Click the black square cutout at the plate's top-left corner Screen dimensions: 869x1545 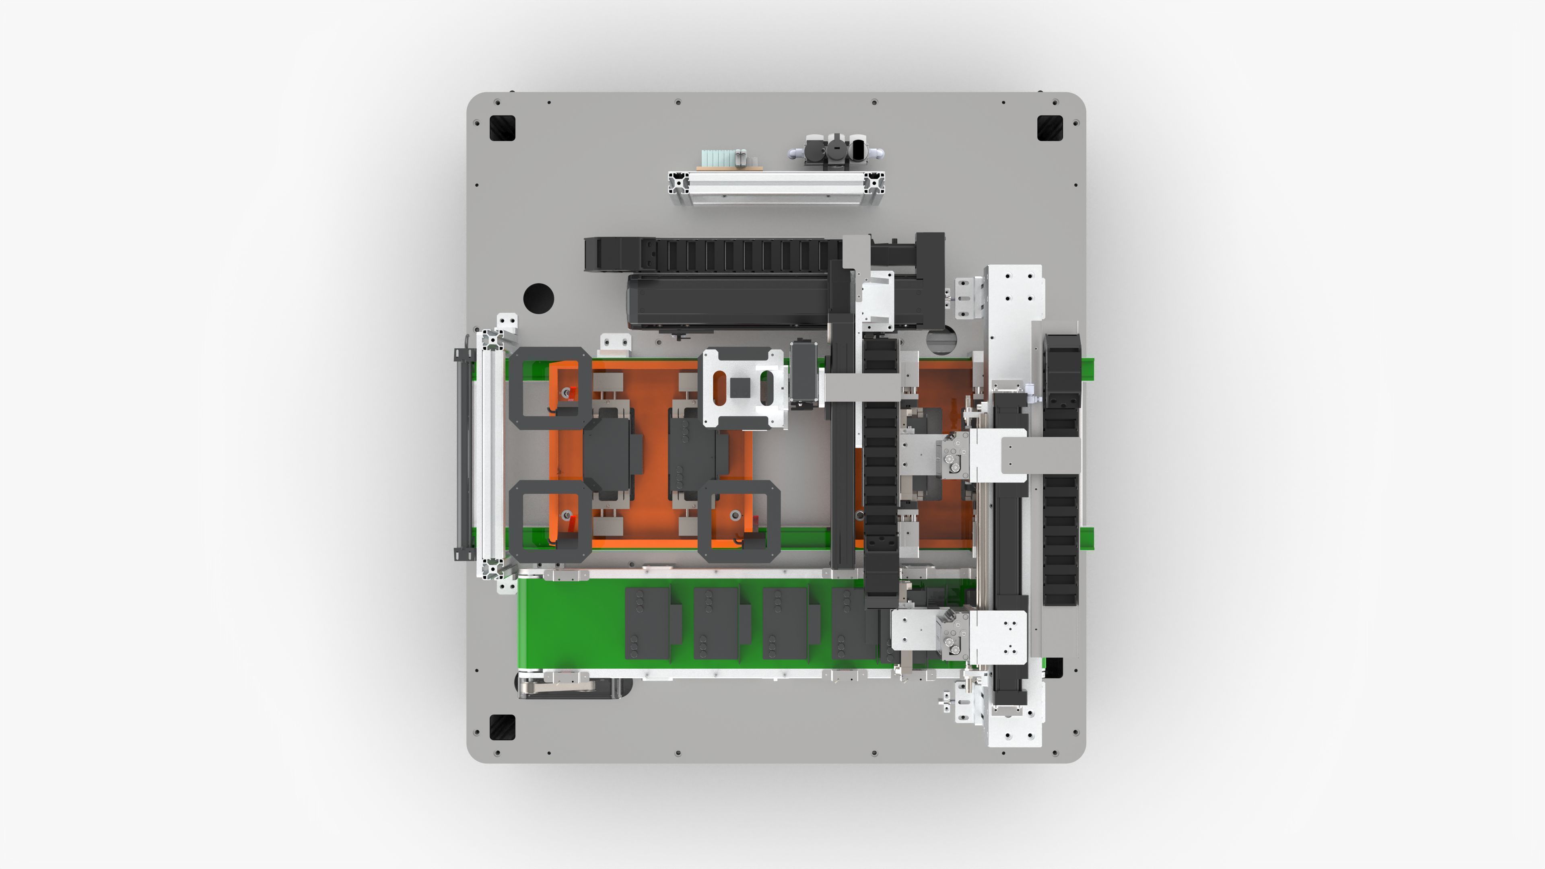click(x=502, y=128)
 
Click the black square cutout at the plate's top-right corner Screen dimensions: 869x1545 click(x=1050, y=128)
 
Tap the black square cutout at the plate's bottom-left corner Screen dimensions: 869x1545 click(x=502, y=727)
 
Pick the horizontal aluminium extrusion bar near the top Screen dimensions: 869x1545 click(x=776, y=188)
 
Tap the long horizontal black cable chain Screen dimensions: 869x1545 click(x=714, y=254)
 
